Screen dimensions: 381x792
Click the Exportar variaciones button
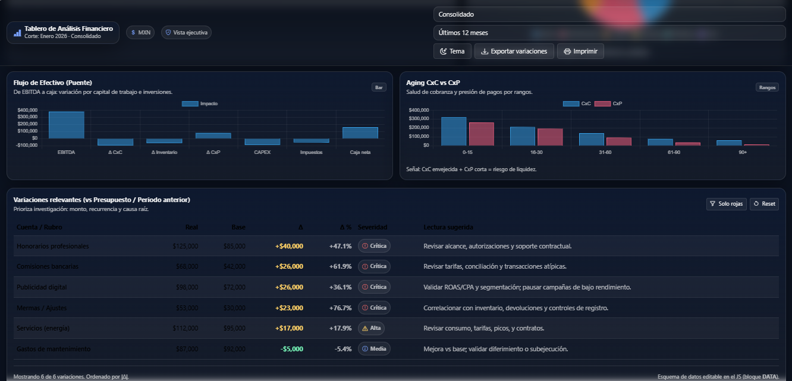click(514, 51)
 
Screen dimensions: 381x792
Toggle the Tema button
click(452, 51)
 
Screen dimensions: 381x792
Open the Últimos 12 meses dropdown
click(609, 33)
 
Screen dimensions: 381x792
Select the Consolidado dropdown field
click(609, 14)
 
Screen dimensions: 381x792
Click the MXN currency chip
click(140, 33)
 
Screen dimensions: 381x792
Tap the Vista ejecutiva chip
click(186, 33)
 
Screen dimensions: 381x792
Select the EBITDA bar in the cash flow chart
click(66, 125)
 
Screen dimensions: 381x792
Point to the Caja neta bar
click(360, 133)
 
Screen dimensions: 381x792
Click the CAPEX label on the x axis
click(262, 153)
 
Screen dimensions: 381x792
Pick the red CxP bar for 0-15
click(481, 134)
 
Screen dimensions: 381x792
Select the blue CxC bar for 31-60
click(591, 139)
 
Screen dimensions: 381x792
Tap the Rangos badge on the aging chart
click(766, 87)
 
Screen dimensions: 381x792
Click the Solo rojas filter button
click(726, 204)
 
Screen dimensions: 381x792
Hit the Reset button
click(764, 204)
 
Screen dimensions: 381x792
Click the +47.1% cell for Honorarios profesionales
click(340, 246)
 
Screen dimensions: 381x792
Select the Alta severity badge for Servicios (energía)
click(372, 328)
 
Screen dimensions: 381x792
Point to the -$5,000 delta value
click(291, 349)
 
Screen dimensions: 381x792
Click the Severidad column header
click(372, 227)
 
